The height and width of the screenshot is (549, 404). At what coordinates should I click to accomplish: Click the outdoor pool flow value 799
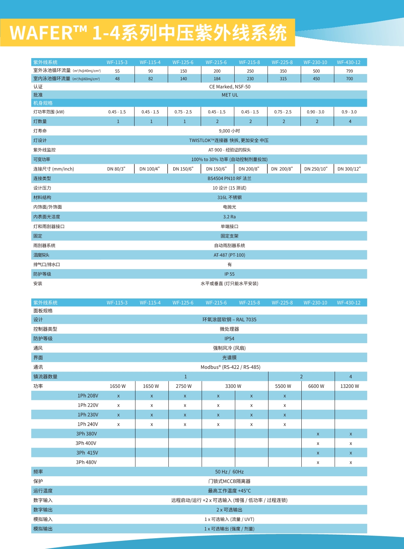(349, 71)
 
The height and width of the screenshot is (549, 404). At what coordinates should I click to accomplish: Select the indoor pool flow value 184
(217, 79)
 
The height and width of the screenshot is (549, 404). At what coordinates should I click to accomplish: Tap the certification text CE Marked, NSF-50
(230, 87)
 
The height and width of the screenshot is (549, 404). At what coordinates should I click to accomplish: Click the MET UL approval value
(230, 95)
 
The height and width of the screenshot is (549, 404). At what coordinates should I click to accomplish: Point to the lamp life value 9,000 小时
(229, 131)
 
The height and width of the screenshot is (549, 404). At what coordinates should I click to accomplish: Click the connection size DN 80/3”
(116, 169)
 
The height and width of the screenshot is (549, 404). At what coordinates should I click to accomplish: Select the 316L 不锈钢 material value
(229, 197)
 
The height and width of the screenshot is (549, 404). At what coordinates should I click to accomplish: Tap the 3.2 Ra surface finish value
(229, 217)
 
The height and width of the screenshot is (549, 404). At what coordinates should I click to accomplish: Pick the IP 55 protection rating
(229, 274)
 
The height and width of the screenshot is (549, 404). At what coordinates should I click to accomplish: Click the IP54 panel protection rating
(229, 339)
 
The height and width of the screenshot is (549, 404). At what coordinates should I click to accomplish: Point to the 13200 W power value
(350, 386)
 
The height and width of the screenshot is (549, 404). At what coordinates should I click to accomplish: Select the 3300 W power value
(233, 386)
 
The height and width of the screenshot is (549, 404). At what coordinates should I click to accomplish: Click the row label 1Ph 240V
(88, 424)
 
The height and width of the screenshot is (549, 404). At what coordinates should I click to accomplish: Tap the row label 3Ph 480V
(86, 462)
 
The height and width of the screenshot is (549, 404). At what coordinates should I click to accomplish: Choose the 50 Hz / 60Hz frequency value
(229, 472)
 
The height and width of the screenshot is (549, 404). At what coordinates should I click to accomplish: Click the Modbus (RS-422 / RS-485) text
(230, 367)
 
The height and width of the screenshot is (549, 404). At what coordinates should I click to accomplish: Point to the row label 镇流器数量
(45, 377)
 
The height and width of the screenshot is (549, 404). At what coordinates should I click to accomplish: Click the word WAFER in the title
(41, 33)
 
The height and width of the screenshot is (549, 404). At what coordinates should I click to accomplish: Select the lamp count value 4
(350, 121)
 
